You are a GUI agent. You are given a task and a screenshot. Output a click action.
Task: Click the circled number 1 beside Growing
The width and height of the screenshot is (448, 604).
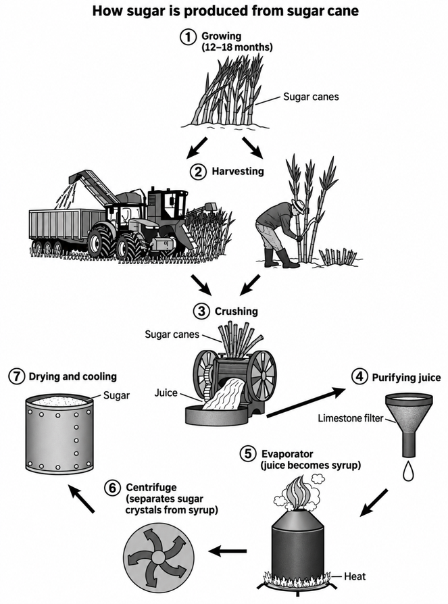189,37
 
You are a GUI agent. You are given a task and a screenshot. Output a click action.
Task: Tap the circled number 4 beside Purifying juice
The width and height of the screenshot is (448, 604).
359,376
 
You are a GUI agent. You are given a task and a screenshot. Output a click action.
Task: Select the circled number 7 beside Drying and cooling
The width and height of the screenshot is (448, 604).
17,376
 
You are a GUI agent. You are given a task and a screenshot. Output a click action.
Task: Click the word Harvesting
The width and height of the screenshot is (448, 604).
238,171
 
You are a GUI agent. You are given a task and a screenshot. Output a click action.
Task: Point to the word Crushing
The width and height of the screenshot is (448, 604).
236,311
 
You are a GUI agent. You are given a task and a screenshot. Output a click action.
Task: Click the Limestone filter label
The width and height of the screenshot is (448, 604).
351,418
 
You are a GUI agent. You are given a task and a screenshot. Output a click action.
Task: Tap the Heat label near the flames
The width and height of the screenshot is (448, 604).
355,576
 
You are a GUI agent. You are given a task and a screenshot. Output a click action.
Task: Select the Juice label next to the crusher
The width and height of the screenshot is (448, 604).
166,393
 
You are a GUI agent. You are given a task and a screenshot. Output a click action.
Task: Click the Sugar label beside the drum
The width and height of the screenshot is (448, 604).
116,395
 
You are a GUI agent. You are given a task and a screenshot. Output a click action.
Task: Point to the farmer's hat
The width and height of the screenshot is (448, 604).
297,204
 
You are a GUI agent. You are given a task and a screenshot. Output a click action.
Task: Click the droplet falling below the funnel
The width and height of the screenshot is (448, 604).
408,470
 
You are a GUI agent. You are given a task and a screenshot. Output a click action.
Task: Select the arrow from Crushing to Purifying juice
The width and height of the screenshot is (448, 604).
306,403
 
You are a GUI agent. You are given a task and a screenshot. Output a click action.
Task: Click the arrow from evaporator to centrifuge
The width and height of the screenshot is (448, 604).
228,551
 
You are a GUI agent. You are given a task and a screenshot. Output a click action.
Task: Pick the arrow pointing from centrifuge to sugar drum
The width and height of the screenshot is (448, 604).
81,499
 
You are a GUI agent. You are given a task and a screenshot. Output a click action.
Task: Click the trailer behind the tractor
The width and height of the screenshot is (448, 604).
66,229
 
